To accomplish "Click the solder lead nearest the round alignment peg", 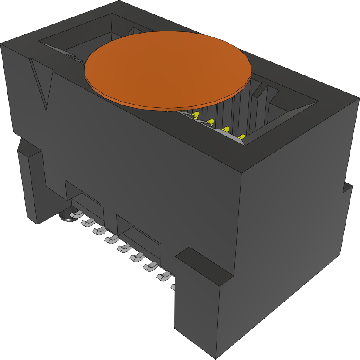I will click(76, 214).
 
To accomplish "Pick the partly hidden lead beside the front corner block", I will click(173, 286).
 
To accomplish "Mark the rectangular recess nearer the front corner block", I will click(138, 237).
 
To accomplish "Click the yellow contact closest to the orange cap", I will click(196, 115).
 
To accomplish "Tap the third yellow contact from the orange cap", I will click(226, 129).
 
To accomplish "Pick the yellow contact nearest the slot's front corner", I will click(241, 138).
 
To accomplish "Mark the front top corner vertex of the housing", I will click(242, 173).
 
